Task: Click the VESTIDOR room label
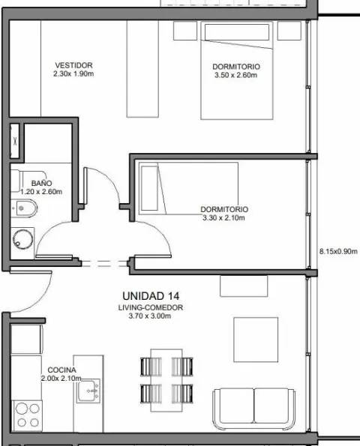tap(73, 65)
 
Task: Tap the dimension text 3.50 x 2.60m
tap(236, 75)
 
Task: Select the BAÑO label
tap(41, 183)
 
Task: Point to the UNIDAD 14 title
tap(151, 296)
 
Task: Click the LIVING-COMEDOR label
tap(151, 307)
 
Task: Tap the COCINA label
tap(61, 370)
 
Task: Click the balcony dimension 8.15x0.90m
tap(338, 251)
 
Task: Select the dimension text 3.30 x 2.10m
tap(223, 218)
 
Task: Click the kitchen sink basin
tap(88, 391)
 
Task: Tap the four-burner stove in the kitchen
tap(27, 416)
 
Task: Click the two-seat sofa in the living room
tap(254, 409)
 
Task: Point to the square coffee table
tap(256, 340)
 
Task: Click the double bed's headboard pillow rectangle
tap(237, 31)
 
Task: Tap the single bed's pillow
tap(149, 188)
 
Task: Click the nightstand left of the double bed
tap(185, 31)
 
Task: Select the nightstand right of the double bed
tap(289, 31)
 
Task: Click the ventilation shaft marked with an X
tap(15, 141)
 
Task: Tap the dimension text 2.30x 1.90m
tap(73, 74)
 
